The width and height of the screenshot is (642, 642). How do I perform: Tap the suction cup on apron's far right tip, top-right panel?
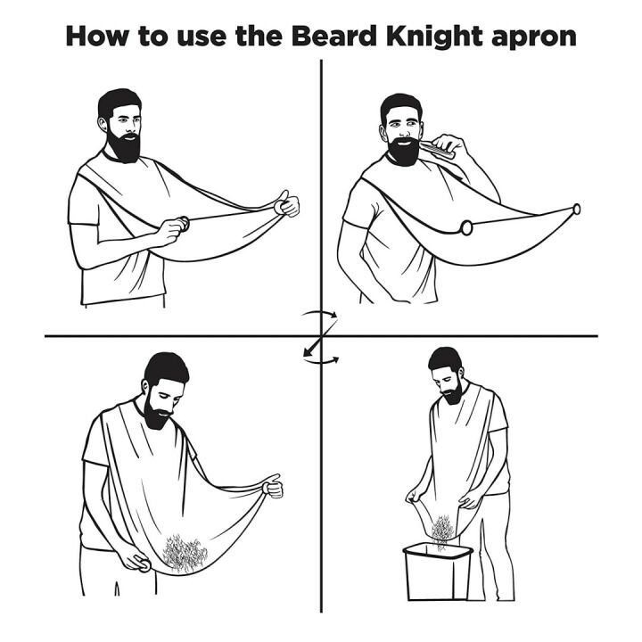576,209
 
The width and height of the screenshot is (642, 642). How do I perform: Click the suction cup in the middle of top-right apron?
466,228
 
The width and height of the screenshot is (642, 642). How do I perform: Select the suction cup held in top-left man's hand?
182,225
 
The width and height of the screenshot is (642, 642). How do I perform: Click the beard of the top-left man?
125,145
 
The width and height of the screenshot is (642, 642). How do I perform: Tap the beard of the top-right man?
406,149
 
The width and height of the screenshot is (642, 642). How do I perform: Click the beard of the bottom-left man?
159,412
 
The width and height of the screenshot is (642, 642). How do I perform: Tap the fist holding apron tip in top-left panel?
288,204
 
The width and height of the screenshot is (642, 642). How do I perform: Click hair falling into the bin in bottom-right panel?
440,531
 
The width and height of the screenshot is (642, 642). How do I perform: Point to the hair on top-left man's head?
118,101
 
